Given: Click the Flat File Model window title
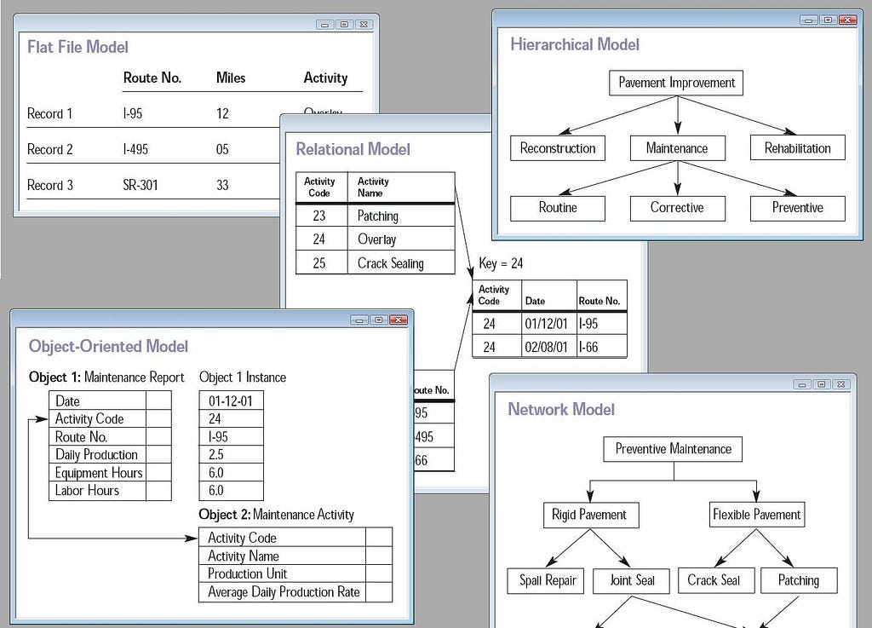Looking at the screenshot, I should [x=78, y=47].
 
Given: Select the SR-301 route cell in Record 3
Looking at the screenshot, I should [x=141, y=185].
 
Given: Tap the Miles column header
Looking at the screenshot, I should [x=231, y=78].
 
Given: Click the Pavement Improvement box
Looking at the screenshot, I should [x=677, y=83].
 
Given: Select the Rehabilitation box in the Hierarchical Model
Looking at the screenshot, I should [x=797, y=147].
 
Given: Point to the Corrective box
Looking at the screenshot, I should [x=677, y=207].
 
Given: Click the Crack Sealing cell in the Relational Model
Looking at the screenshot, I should [x=390, y=263].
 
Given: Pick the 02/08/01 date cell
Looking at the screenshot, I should [x=546, y=347].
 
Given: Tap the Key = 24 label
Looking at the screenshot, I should [x=501, y=263].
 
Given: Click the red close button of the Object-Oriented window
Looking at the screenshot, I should [x=399, y=320].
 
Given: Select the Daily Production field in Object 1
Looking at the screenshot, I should [x=96, y=455].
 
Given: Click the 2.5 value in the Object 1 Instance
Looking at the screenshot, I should [x=215, y=455].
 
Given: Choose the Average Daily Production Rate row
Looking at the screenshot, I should [x=284, y=592].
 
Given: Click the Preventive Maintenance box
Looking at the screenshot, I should [x=674, y=449].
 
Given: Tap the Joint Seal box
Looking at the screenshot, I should [x=633, y=580].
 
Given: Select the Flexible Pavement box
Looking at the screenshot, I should [x=757, y=515].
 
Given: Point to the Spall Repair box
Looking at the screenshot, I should [x=548, y=580].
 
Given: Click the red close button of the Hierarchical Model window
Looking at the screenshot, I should [x=846, y=20].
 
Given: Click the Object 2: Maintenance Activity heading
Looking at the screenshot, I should [x=276, y=515].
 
